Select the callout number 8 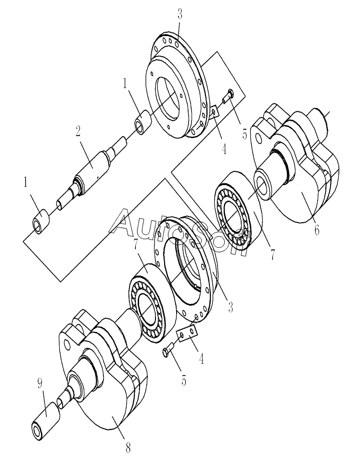pyautogui.click(x=128, y=448)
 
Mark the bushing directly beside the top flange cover pyautogui.click(x=143, y=123)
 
